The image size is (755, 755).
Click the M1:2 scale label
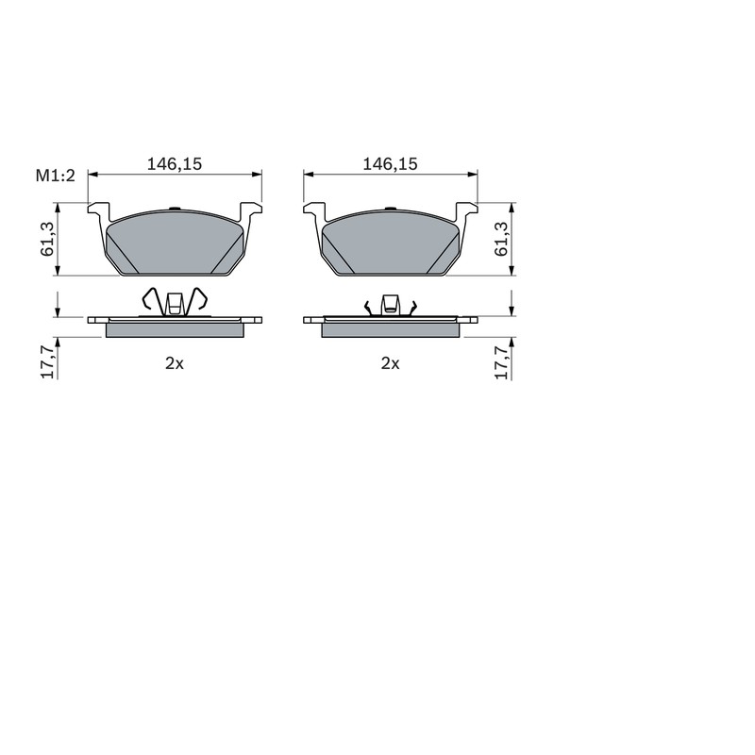click(56, 176)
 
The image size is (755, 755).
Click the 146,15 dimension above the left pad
click(175, 164)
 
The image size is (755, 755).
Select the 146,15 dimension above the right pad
click(390, 164)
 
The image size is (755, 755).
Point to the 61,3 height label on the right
click(501, 239)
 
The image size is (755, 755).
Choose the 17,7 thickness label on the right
click(501, 362)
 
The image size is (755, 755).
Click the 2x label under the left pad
click(175, 363)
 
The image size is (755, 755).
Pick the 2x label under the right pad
click(390, 363)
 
